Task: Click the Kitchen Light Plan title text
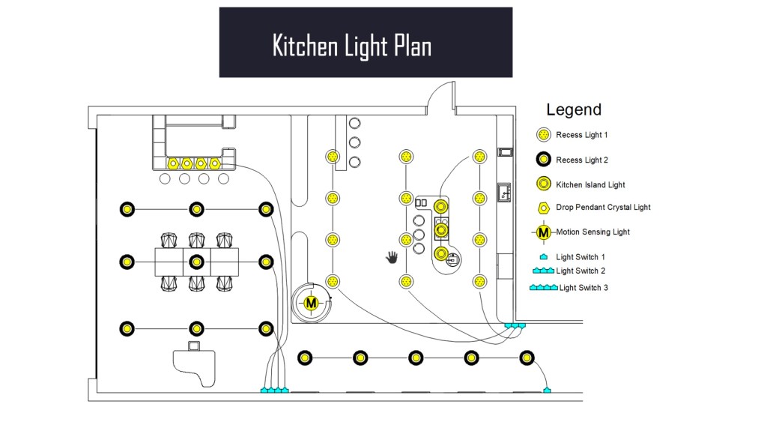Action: (351, 46)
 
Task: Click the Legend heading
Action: (573, 109)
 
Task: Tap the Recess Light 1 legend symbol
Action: (544, 136)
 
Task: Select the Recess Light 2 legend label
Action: (581, 160)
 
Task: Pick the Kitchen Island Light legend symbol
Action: (544, 184)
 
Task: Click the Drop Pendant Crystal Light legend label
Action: (603, 208)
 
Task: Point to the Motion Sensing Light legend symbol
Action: (544, 232)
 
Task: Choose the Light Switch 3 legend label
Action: (583, 288)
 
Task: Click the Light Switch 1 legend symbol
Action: (544, 257)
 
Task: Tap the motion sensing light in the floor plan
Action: (310, 303)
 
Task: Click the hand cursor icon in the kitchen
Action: (392, 258)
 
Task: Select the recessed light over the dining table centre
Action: (196, 262)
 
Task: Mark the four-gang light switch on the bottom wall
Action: (274, 391)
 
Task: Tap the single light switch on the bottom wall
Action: (548, 390)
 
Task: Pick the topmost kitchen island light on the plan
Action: (442, 206)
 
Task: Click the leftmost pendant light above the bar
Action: (172, 163)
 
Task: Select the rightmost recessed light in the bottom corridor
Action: (527, 358)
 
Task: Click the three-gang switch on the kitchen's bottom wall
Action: (515, 325)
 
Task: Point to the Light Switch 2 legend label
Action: (580, 271)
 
